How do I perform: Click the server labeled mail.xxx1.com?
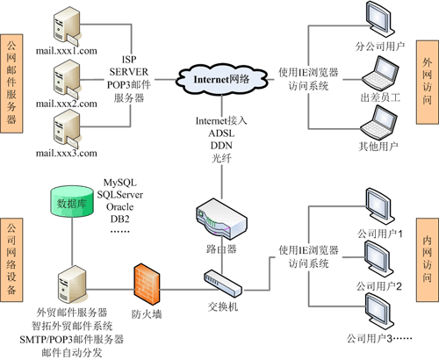65,24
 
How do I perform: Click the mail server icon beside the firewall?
65,284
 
